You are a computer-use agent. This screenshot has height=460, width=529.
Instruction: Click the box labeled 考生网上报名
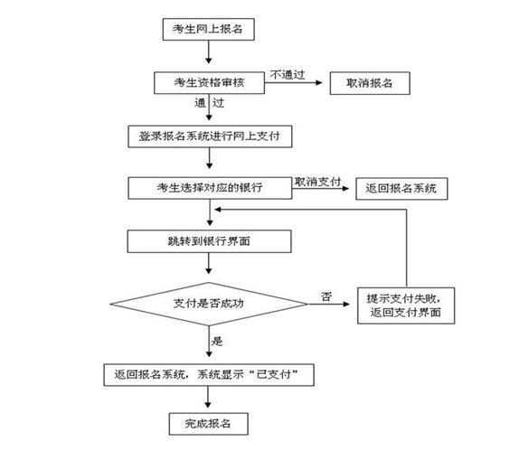[209, 29]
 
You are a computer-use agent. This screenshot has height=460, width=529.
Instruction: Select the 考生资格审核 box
[209, 82]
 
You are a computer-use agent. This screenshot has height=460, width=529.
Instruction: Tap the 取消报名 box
[370, 83]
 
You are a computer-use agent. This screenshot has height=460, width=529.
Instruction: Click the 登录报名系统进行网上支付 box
[210, 136]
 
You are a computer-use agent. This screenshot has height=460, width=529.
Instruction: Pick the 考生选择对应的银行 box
[210, 188]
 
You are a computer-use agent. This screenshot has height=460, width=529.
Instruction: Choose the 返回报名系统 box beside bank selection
[401, 189]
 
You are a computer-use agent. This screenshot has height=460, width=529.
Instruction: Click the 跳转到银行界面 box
[209, 241]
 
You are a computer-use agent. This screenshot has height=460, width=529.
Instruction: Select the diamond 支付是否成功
[209, 304]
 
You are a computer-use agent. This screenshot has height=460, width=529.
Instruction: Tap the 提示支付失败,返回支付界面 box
[406, 305]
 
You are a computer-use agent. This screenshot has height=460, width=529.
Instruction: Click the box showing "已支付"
[209, 375]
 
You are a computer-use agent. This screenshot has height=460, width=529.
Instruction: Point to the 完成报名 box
[209, 424]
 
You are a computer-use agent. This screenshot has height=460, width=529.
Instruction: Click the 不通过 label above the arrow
[288, 75]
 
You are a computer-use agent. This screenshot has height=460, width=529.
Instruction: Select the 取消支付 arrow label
[317, 182]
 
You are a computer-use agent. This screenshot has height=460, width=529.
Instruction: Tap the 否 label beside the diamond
[326, 296]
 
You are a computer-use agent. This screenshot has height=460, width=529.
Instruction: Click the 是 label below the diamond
[217, 341]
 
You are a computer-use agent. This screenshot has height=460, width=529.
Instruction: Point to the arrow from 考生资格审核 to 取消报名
[294, 82]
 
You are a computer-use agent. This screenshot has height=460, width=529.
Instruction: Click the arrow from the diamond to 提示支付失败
[329, 304]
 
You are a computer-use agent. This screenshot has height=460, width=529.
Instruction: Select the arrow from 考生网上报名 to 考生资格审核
[209, 52]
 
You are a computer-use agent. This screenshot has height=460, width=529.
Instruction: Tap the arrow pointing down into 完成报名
[208, 397]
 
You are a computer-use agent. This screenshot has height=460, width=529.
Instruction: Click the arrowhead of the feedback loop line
[218, 210]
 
